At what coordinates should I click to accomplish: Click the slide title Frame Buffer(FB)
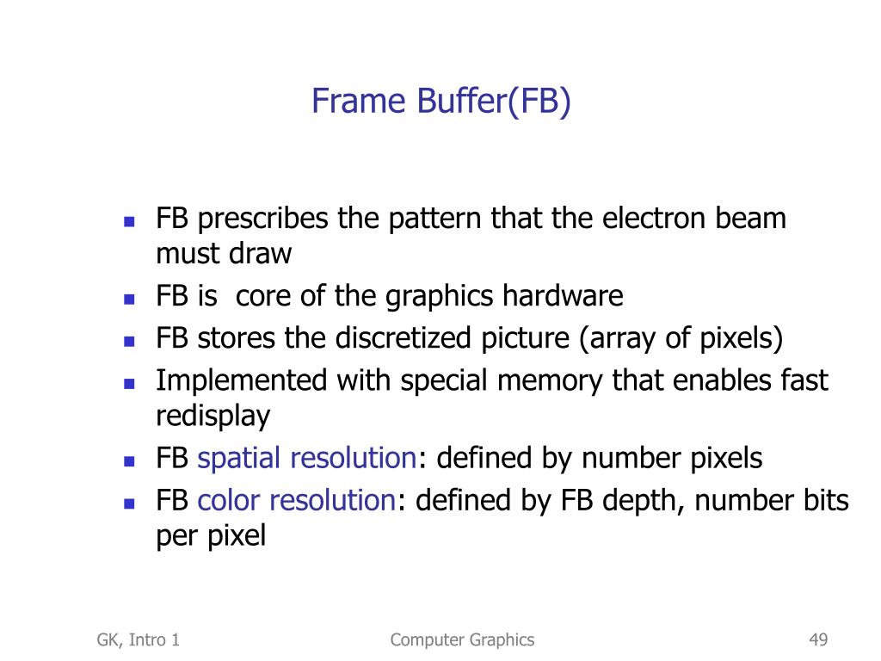click(440, 102)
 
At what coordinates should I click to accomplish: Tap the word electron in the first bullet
click(655, 219)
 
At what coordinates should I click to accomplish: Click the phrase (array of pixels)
click(681, 338)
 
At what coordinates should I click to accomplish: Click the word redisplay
click(213, 416)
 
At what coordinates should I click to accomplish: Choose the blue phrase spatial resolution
click(307, 458)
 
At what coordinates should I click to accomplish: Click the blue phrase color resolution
click(296, 500)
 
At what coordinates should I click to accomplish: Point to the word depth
click(637, 500)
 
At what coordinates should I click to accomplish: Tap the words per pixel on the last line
click(211, 536)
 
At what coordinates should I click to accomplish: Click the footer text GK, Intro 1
click(139, 639)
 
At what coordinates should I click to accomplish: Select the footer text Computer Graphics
click(462, 639)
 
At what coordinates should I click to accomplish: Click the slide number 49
click(817, 639)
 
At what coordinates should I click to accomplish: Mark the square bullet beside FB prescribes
click(130, 221)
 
